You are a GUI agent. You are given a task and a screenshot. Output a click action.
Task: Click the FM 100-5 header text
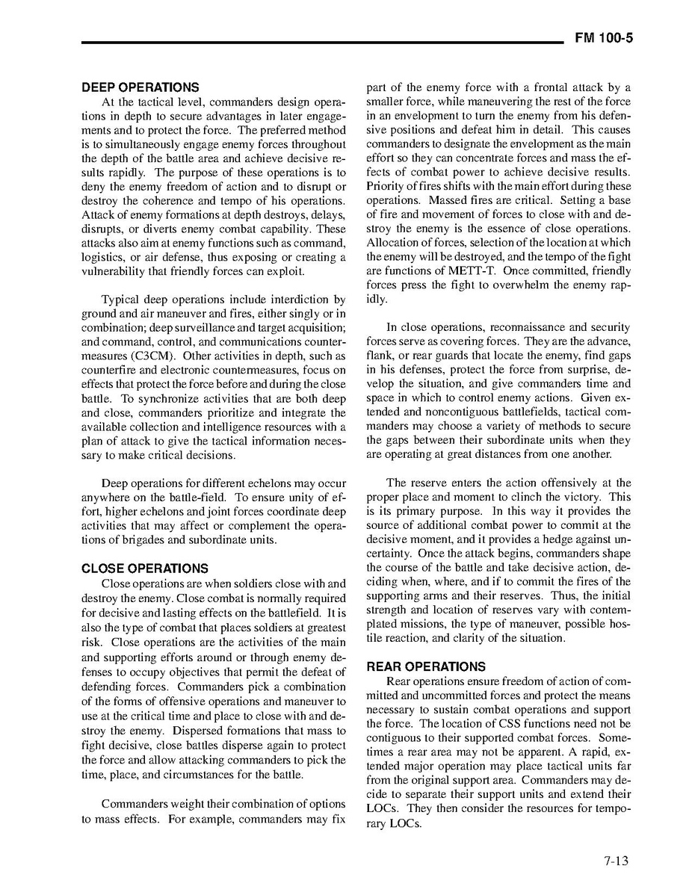pos(604,39)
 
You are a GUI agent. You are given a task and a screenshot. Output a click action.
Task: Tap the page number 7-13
pos(617,861)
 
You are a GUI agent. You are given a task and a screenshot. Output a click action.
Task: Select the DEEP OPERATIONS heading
pos(140,87)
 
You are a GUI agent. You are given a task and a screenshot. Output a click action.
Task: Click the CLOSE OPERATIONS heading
pos(145,569)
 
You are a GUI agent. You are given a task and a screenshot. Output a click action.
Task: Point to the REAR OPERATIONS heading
pos(425,666)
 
